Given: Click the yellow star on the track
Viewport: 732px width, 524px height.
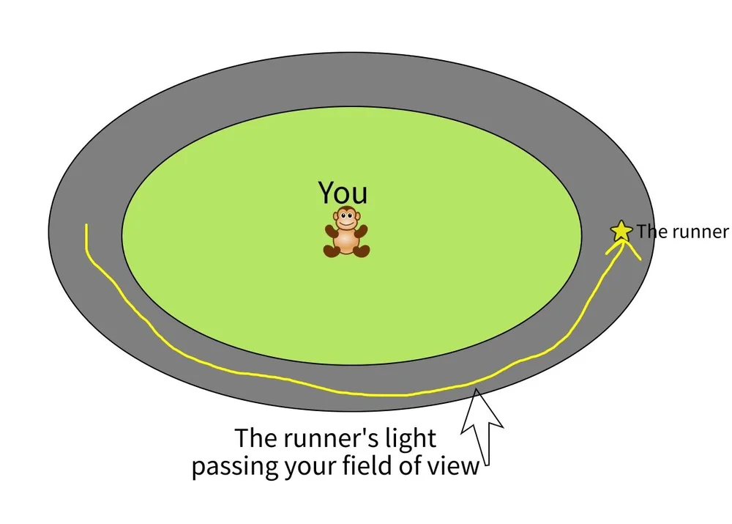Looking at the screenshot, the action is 621,231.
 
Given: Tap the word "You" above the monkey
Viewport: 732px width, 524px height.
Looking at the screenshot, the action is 343,193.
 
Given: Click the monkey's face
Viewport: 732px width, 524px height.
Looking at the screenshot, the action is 346,218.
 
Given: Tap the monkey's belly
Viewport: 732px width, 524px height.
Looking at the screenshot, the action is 346,238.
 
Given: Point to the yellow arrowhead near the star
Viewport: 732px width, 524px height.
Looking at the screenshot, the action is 624,249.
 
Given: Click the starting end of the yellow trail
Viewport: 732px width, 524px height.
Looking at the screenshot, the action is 87,226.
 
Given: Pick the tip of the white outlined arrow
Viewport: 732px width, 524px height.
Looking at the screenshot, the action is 477,391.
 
